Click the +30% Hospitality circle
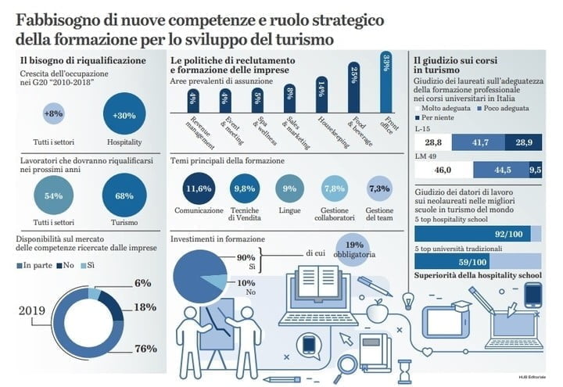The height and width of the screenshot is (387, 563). point(124,114)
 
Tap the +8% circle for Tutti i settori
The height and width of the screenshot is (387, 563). point(53,114)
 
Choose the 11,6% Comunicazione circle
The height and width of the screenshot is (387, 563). point(199,189)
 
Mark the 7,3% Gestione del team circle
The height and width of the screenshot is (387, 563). point(378,189)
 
